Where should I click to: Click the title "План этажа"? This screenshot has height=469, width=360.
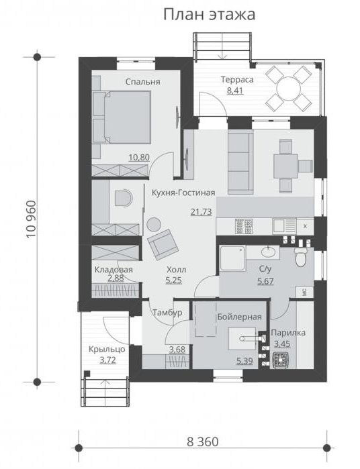210,15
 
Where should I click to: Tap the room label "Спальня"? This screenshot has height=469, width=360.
143,82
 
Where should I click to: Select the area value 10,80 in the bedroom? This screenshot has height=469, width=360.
139,157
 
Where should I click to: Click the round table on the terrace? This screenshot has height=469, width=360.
288,89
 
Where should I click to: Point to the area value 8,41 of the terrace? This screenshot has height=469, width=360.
235,90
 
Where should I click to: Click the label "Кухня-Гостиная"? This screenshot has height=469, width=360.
183,193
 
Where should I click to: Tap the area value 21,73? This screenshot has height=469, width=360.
201,212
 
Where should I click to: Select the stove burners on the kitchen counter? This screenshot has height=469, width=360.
244,226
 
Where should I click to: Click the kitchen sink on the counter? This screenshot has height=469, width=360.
284,226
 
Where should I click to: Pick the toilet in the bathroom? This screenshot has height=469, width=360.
300,257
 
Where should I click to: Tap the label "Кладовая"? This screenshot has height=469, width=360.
114,270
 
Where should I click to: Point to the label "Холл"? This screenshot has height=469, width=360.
177,270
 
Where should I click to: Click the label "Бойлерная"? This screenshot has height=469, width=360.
240,317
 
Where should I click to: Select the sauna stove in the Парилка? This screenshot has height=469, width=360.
281,360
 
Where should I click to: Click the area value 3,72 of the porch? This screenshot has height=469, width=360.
107,360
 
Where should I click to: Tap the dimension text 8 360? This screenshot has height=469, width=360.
203,441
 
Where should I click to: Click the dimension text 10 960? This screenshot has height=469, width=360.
31,219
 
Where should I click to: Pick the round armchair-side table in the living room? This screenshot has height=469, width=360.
154,224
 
